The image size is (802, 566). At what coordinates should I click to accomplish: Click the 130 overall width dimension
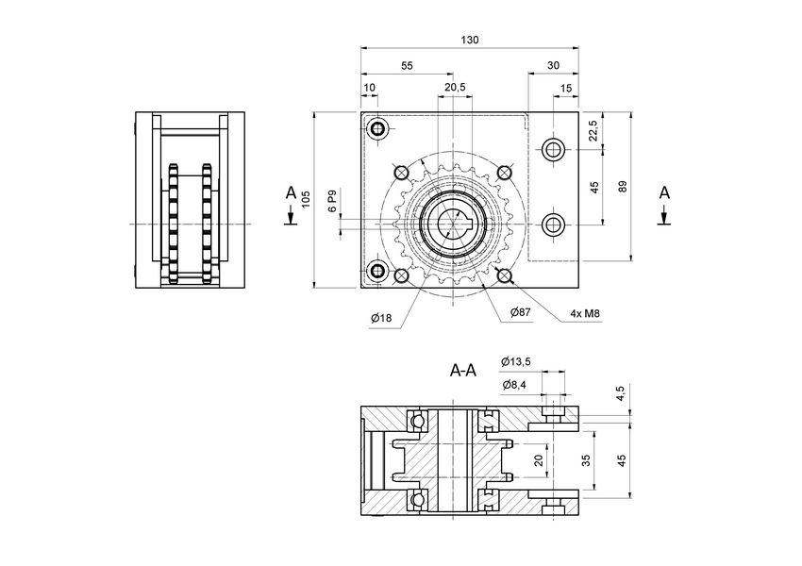[470, 40]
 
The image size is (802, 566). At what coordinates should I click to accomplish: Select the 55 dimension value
[407, 66]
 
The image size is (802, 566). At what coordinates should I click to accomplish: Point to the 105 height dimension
[306, 198]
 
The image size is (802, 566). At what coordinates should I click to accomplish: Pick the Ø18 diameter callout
[381, 318]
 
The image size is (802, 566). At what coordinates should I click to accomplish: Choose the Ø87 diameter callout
[520, 311]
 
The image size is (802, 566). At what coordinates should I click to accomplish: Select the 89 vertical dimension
[621, 187]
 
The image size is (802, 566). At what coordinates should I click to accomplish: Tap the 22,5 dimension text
[593, 130]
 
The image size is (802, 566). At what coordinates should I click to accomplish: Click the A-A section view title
[463, 371]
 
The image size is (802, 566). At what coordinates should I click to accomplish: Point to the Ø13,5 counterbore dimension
[516, 361]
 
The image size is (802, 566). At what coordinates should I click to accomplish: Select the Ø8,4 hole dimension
[514, 384]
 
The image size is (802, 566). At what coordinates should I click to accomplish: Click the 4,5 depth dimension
[620, 393]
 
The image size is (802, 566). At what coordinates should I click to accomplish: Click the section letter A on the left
[291, 193]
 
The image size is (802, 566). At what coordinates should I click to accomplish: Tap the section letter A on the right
[663, 193]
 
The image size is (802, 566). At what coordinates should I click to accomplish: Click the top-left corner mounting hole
[378, 128]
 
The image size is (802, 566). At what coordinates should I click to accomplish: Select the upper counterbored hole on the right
[553, 149]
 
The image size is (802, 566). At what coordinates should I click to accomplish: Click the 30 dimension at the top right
[552, 66]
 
